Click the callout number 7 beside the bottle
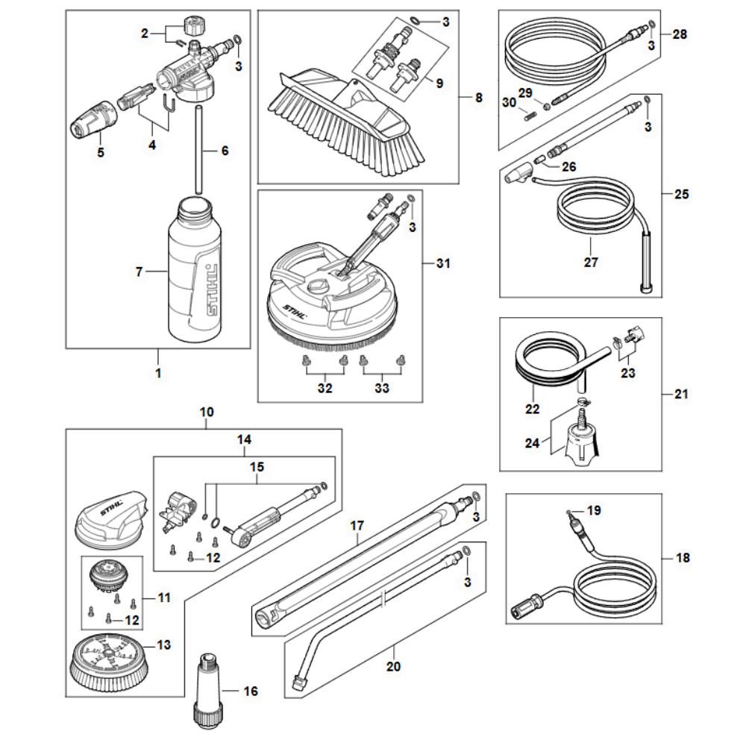click(x=139, y=273)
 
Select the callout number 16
click(x=251, y=692)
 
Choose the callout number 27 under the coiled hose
click(x=592, y=262)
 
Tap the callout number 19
click(x=594, y=511)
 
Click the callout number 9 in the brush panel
click(x=439, y=84)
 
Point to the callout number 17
click(x=357, y=526)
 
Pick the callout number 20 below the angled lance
click(x=393, y=666)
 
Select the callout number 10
click(x=207, y=412)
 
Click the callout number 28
click(x=680, y=34)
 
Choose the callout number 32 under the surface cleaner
click(x=325, y=388)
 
